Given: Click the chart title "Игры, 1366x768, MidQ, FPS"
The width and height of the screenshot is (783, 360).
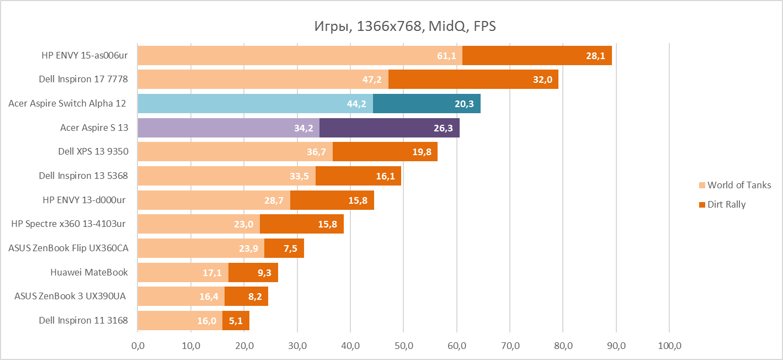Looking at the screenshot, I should pyautogui.click(x=405, y=26).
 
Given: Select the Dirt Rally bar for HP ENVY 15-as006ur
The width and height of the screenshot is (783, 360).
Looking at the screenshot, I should pyautogui.click(x=536, y=56).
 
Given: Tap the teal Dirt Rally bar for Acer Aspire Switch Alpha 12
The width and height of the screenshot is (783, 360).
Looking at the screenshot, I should pyautogui.click(x=427, y=104).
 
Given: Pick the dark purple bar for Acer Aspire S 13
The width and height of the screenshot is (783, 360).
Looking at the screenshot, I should pyautogui.click(x=389, y=128).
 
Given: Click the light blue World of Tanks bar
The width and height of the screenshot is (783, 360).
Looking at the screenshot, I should pyautogui.click(x=255, y=104).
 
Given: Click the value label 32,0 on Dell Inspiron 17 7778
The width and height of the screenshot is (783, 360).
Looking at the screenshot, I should pyautogui.click(x=542, y=80).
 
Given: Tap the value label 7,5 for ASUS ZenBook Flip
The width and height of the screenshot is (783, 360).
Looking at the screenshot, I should pyautogui.click(x=290, y=248).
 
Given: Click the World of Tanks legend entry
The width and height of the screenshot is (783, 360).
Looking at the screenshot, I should pyautogui.click(x=738, y=185).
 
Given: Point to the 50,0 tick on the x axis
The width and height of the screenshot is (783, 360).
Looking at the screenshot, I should pyautogui.click(x=404, y=346).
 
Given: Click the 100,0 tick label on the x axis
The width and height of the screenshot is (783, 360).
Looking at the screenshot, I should pyautogui.click(x=669, y=346).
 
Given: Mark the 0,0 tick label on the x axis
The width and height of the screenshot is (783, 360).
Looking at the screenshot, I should pyautogui.click(x=137, y=346).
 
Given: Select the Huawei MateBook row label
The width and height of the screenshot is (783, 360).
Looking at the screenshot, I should pyautogui.click(x=89, y=272).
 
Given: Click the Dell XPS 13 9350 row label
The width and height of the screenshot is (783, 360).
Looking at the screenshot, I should pyautogui.click(x=93, y=151).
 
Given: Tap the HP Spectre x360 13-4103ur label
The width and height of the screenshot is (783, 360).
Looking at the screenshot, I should pyautogui.click(x=68, y=224).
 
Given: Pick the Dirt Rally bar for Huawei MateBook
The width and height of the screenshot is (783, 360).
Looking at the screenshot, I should pyautogui.click(x=253, y=272).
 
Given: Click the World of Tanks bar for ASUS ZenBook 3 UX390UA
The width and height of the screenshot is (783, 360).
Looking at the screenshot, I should pyautogui.click(x=181, y=296).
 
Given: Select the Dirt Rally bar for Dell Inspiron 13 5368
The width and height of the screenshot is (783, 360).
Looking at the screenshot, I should pyautogui.click(x=358, y=176).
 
